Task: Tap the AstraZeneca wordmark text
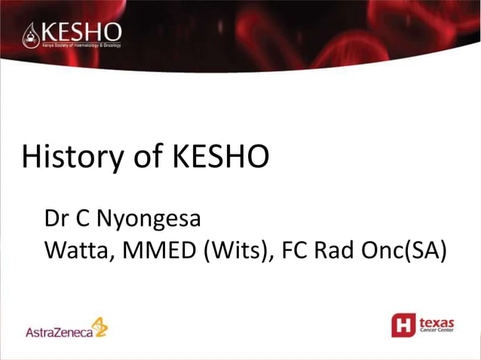pos(57,331)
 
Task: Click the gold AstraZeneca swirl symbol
pos(100,326)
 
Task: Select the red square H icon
pos(403,325)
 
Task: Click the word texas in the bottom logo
pos(437,322)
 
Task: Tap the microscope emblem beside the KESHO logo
pos(30,34)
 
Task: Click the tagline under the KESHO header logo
pos(81,45)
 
